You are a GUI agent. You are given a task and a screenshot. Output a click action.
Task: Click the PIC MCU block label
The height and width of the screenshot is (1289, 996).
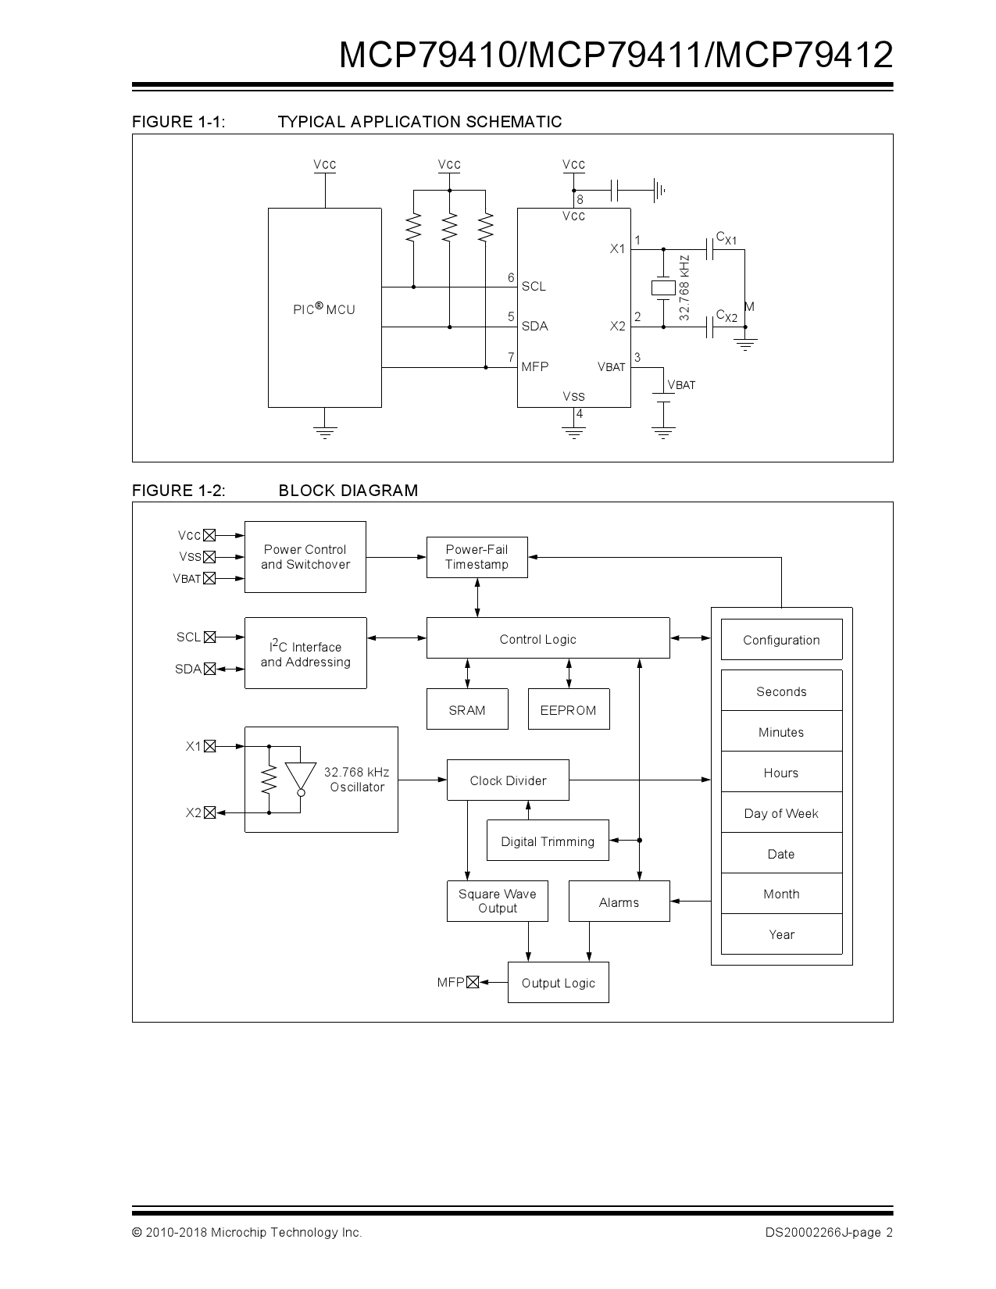pos(324,309)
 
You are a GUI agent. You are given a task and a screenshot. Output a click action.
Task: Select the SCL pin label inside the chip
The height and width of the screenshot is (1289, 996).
pos(534,287)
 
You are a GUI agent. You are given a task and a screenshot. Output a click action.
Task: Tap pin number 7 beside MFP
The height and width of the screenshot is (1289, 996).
pos(511,357)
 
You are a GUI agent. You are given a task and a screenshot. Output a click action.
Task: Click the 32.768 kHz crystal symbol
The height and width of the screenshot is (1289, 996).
pos(663,287)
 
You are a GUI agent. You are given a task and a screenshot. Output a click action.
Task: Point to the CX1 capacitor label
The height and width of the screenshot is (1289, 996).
pos(726,237)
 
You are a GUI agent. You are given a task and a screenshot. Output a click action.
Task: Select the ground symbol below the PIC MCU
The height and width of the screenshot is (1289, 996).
pos(325,432)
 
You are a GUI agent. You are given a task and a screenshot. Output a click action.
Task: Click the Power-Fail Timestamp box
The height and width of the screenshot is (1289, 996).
pos(477,557)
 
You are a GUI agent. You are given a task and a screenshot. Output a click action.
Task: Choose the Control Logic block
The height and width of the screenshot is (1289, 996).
pos(547,639)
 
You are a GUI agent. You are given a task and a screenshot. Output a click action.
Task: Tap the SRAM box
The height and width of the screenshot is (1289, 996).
pos(467,709)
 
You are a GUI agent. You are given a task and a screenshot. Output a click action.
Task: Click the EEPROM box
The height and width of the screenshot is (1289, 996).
pos(568,709)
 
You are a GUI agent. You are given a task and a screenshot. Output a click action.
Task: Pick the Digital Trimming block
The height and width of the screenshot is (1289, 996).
pos(547,841)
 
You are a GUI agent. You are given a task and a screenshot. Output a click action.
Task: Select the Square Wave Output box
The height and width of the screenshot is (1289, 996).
pos(497,901)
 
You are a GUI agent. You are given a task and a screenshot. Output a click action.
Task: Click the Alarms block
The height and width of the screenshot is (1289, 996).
pos(619,902)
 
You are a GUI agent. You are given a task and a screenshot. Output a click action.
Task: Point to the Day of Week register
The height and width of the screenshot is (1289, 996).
pos(781,813)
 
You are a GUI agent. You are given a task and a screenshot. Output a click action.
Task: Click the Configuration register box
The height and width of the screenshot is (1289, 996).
pos(781,640)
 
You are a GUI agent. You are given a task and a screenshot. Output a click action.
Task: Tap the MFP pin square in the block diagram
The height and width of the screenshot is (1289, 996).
pos(472,982)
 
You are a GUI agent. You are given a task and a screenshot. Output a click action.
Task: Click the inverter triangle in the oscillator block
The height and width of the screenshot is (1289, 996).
pos(300,777)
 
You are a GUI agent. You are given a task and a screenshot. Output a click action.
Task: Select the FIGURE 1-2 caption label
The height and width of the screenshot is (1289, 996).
pos(179,491)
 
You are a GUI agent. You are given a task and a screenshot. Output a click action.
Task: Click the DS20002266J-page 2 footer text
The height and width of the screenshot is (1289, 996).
pos(828,1233)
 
